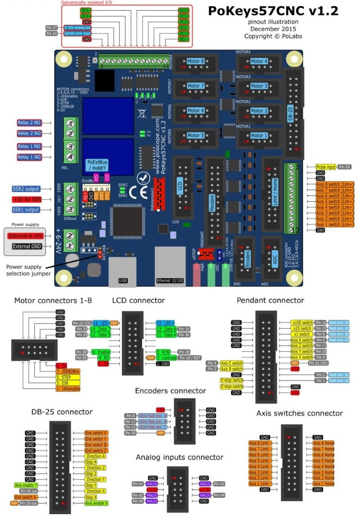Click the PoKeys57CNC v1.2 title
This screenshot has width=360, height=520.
tap(273, 11)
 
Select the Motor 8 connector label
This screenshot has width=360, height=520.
tap(196, 61)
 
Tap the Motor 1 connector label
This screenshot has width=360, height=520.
tap(259, 136)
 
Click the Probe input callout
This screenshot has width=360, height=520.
tap(326, 167)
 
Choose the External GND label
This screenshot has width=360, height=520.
tap(27, 246)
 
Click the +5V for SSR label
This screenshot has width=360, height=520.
tap(26, 199)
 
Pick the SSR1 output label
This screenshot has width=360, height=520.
tap(26, 210)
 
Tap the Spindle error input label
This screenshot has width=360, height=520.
tap(77, 34)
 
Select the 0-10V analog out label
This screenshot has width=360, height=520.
tap(78, 28)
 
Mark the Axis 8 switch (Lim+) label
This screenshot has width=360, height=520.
tap(335, 184)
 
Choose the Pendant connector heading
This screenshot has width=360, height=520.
tap(270, 300)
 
